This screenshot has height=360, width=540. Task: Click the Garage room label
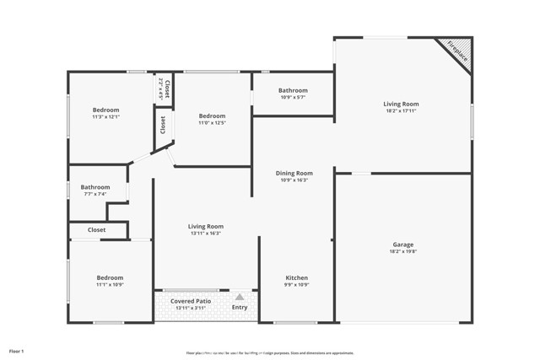coord(402,244)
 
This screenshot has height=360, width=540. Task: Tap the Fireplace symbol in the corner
coord(456,52)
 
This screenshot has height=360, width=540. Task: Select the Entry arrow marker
coord(240,297)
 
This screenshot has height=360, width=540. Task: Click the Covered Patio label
coord(191,301)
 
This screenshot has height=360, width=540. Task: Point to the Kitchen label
coord(296,278)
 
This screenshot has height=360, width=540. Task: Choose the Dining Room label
coord(294,173)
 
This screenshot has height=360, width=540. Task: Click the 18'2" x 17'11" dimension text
coord(402,112)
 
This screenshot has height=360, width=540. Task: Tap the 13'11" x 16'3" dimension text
coord(205,234)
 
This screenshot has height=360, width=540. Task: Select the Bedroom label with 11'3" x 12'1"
coord(106,110)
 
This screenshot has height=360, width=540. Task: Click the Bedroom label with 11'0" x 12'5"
coord(212,116)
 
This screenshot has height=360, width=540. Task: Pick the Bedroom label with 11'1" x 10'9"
coord(110,278)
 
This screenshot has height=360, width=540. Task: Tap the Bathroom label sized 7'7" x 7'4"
coord(95,187)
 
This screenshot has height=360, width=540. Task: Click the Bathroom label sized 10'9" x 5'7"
coord(293,90)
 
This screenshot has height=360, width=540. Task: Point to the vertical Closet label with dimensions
coord(167,89)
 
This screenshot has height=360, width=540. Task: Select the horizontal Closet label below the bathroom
coord(96,229)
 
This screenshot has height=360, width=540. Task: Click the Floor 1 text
coord(17,350)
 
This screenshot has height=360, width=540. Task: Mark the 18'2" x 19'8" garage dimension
coord(402,251)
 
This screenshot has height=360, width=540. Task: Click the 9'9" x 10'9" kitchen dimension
coord(296,285)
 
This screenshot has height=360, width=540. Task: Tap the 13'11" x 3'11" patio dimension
coord(190,308)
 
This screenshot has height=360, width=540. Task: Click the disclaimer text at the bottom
coord(270,352)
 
